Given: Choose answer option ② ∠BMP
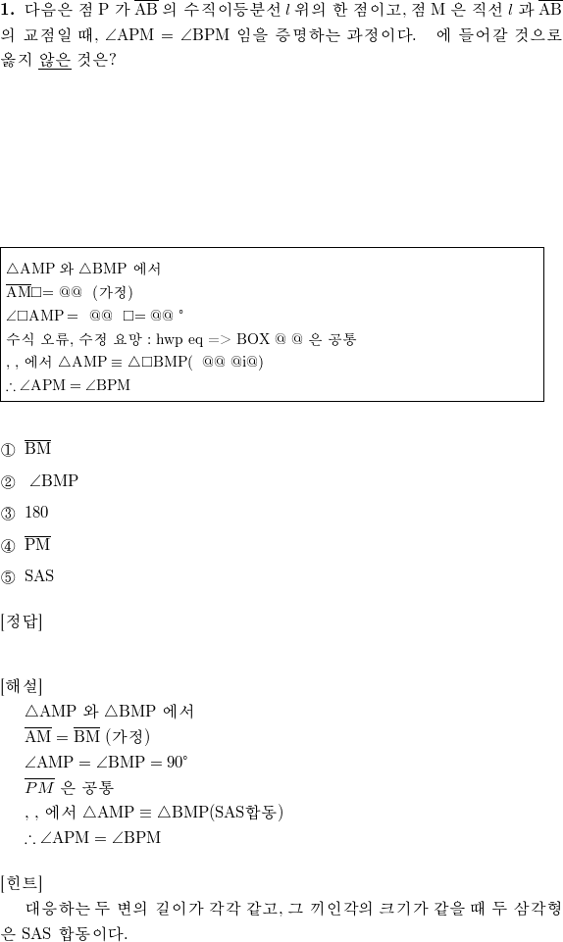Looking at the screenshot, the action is (x=39, y=480).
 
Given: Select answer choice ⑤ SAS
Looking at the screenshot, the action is (x=27, y=576).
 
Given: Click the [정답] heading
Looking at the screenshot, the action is (x=22, y=621).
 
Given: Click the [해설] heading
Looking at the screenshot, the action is (x=22, y=685).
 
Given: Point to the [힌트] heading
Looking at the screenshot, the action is (x=22, y=882).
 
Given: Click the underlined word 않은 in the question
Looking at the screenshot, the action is (x=55, y=60).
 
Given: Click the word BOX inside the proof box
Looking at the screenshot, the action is (x=253, y=339).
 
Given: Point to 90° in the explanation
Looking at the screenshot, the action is (x=178, y=762).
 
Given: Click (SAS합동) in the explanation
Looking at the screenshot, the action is (x=245, y=813).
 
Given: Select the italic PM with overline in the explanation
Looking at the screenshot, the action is (x=39, y=786).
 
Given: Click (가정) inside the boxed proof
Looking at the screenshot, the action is (x=113, y=292).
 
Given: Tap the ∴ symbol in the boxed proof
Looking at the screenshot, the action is (x=11, y=386).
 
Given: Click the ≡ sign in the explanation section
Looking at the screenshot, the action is (x=145, y=813).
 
